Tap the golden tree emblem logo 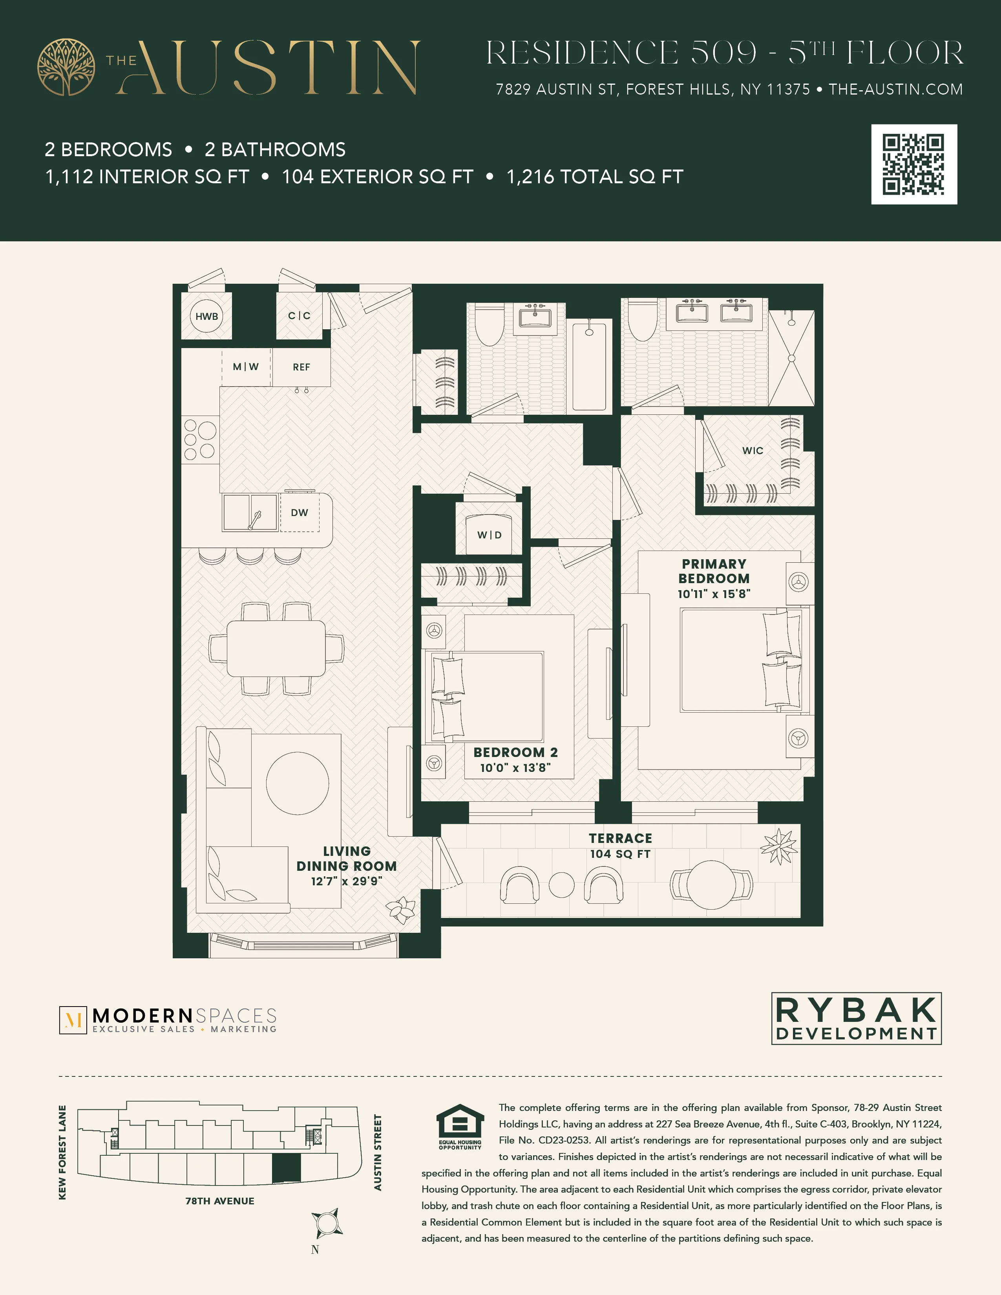tap(66, 67)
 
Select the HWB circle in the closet tap(206, 316)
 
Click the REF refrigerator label tap(301, 367)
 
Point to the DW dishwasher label tap(300, 512)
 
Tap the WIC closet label tap(753, 451)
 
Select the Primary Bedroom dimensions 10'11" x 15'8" tap(714, 593)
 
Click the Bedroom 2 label tap(515, 752)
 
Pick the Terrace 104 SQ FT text tap(620, 854)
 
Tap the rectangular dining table tap(276, 648)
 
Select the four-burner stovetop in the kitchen tap(199, 440)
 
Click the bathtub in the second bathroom tap(589, 366)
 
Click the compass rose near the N tap(327, 1223)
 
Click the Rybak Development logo tap(856, 1018)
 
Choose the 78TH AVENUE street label tap(219, 1201)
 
